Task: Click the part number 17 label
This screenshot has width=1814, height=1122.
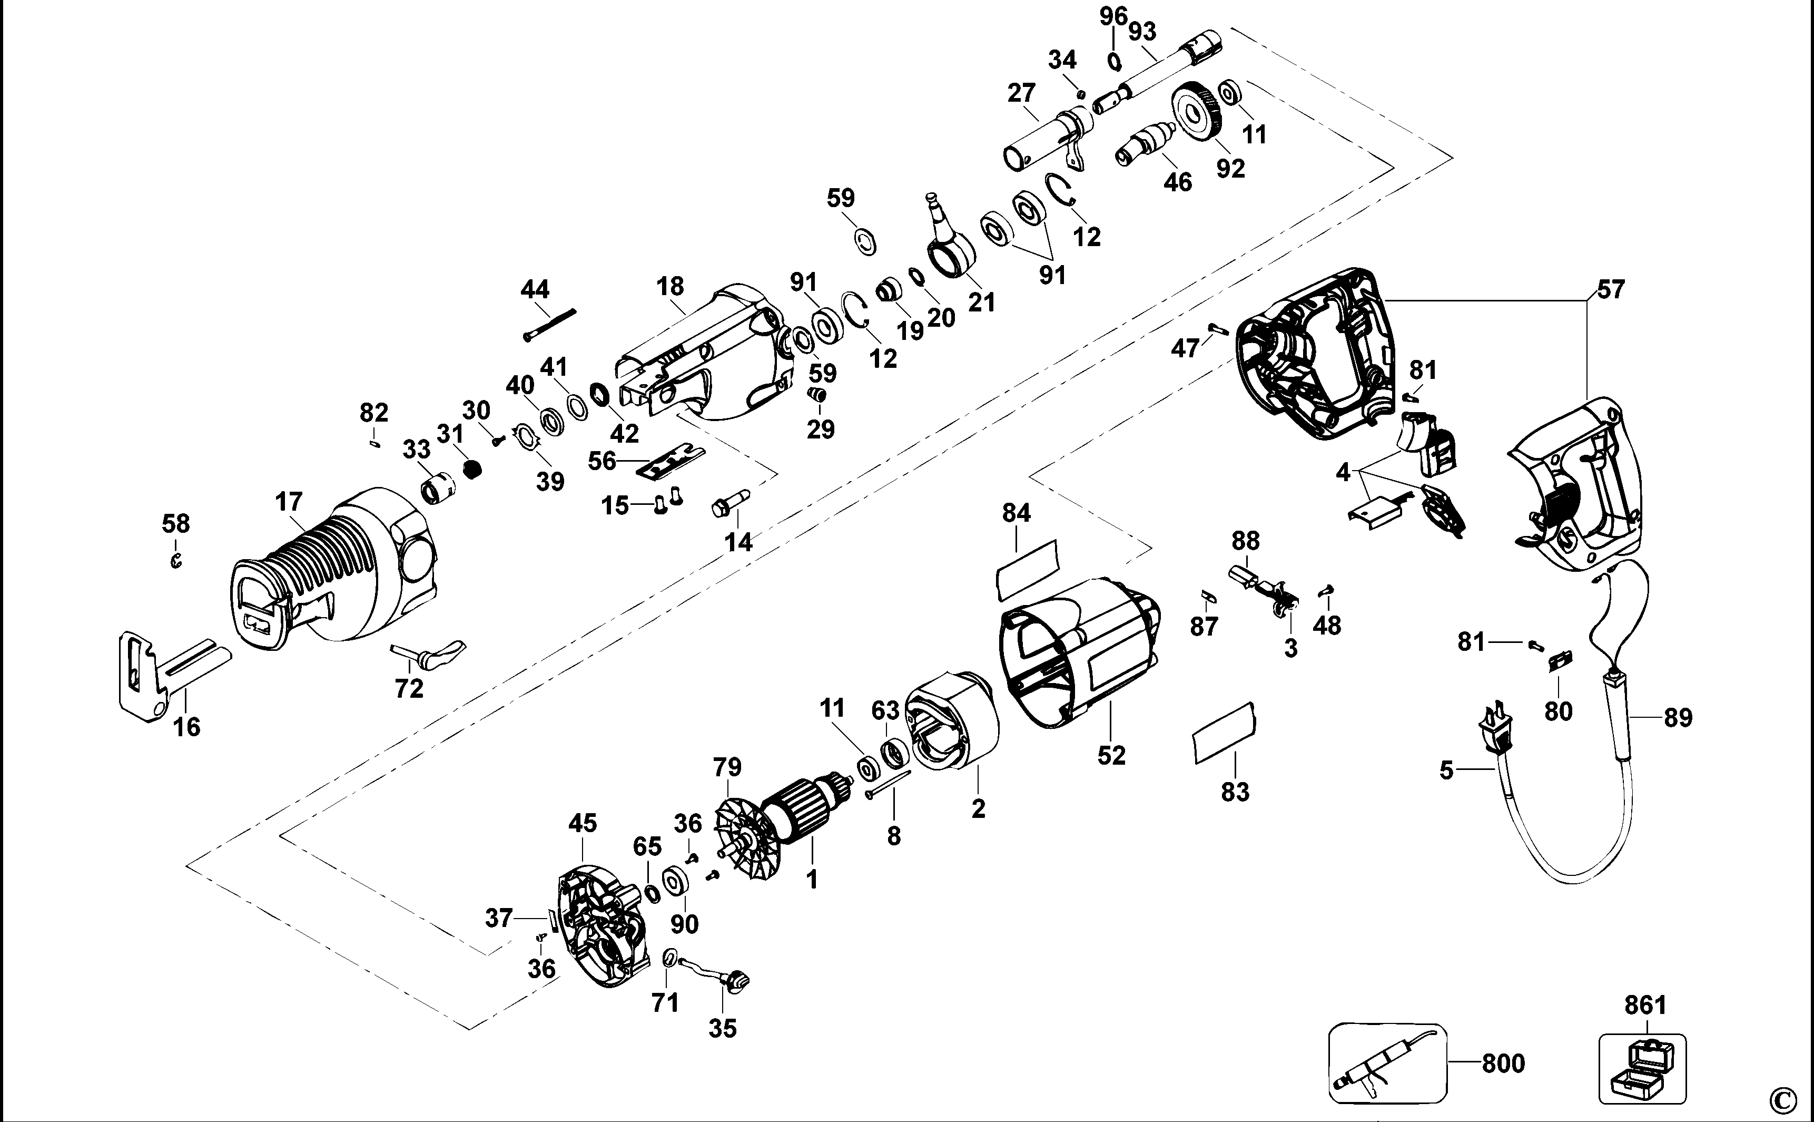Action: [289, 502]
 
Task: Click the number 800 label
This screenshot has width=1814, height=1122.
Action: [1503, 1064]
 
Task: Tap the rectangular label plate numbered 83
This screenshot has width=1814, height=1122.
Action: [1224, 731]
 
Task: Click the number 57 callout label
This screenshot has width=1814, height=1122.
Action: [1611, 289]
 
